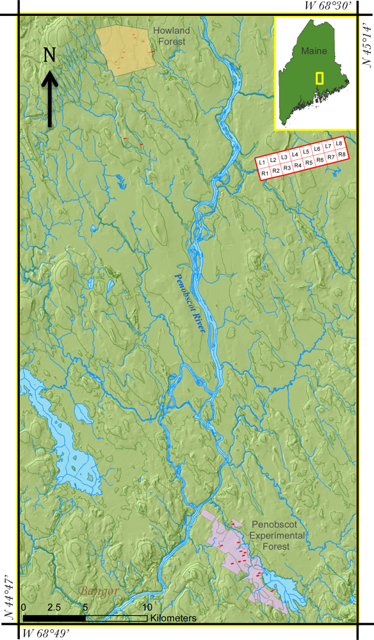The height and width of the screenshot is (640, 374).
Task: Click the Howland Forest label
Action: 168,36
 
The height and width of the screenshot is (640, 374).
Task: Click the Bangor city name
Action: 99,591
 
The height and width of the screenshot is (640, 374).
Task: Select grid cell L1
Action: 263,163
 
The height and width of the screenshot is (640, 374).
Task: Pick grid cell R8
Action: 343,155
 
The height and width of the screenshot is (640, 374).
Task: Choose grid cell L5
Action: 306,152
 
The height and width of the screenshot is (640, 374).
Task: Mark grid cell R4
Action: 298,165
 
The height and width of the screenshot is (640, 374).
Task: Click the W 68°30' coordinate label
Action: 327,6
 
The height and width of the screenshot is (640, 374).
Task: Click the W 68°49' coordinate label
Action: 45,634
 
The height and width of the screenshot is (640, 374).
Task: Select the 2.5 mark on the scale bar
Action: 54,607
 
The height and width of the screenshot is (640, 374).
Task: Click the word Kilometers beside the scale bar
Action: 174,618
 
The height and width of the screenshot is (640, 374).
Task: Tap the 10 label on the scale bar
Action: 147,607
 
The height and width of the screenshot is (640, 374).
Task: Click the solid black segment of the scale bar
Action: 54,618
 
